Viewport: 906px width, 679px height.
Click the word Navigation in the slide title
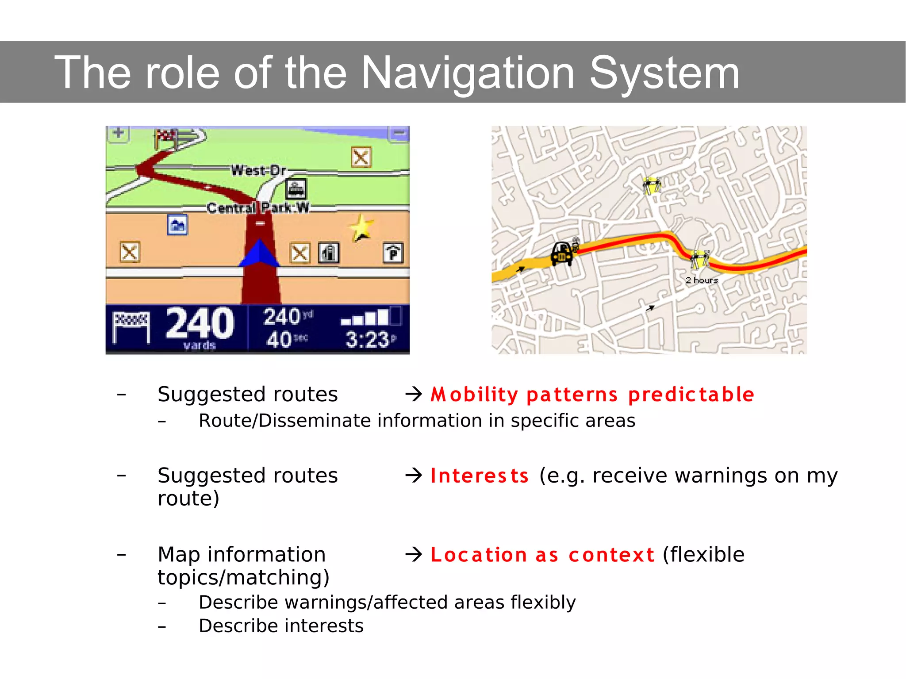click(468, 73)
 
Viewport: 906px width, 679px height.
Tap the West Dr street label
click(258, 170)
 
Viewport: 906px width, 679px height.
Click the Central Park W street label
click(258, 207)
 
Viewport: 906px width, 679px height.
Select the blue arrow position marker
click(259, 253)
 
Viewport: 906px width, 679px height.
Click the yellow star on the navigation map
click(361, 227)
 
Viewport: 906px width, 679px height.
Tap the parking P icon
click(393, 253)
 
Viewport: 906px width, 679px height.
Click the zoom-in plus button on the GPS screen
click(118, 133)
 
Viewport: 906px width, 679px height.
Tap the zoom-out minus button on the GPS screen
click(399, 133)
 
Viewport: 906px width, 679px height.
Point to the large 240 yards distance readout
click(200, 325)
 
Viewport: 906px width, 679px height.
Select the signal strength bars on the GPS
click(370, 317)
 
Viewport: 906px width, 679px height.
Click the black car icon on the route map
click(562, 254)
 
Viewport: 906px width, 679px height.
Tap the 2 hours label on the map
click(702, 280)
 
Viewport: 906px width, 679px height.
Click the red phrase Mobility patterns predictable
click(592, 395)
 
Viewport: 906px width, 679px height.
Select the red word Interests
click(480, 476)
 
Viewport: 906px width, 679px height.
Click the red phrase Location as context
click(542, 555)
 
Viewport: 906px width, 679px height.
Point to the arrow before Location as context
click(414, 554)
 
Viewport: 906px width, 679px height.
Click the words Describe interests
click(281, 626)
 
